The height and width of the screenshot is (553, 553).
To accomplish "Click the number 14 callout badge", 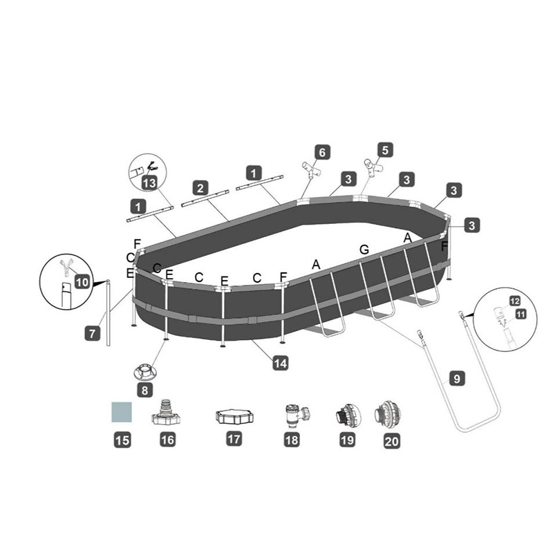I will pos(281,362).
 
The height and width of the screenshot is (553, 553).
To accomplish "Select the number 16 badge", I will pos(167,439).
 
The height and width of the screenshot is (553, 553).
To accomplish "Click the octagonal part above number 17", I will pos(234,417).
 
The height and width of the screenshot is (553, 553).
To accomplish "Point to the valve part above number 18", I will pos(295,416).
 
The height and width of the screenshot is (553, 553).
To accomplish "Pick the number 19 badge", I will pos(345,440).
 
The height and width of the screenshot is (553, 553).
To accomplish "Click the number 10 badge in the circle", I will pos(82,281).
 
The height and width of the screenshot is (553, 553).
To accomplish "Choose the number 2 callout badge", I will pos(200,187).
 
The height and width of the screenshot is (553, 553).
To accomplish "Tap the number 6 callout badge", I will pos(321,151).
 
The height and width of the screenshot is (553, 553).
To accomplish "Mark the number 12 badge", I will pos(514,301).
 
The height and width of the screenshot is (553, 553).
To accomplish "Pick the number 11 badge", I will pos(521,313).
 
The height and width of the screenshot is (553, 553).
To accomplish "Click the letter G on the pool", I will pos(364,249).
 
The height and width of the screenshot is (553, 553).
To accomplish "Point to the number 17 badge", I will pos(234,439).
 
